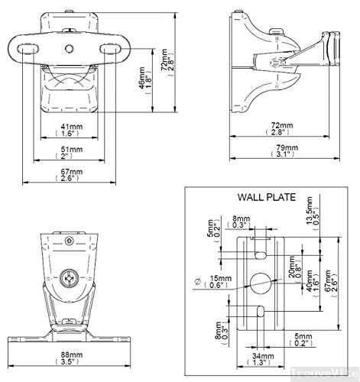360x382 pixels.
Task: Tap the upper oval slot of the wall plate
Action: [x=261, y=248]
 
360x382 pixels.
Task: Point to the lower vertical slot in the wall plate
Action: [x=261, y=313]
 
